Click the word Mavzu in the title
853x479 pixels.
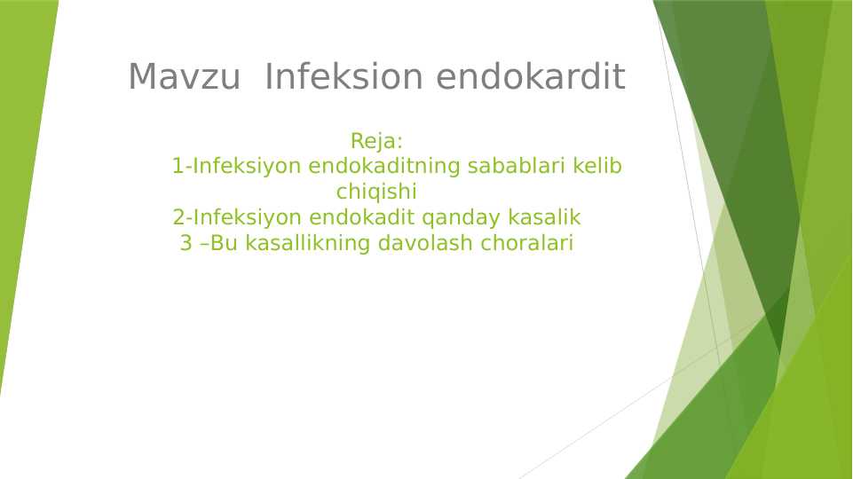tap(184, 78)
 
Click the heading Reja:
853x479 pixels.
tap(377, 141)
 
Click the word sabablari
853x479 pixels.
tap(517, 166)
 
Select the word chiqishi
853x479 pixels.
tap(376, 192)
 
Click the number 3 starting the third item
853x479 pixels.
tap(186, 243)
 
